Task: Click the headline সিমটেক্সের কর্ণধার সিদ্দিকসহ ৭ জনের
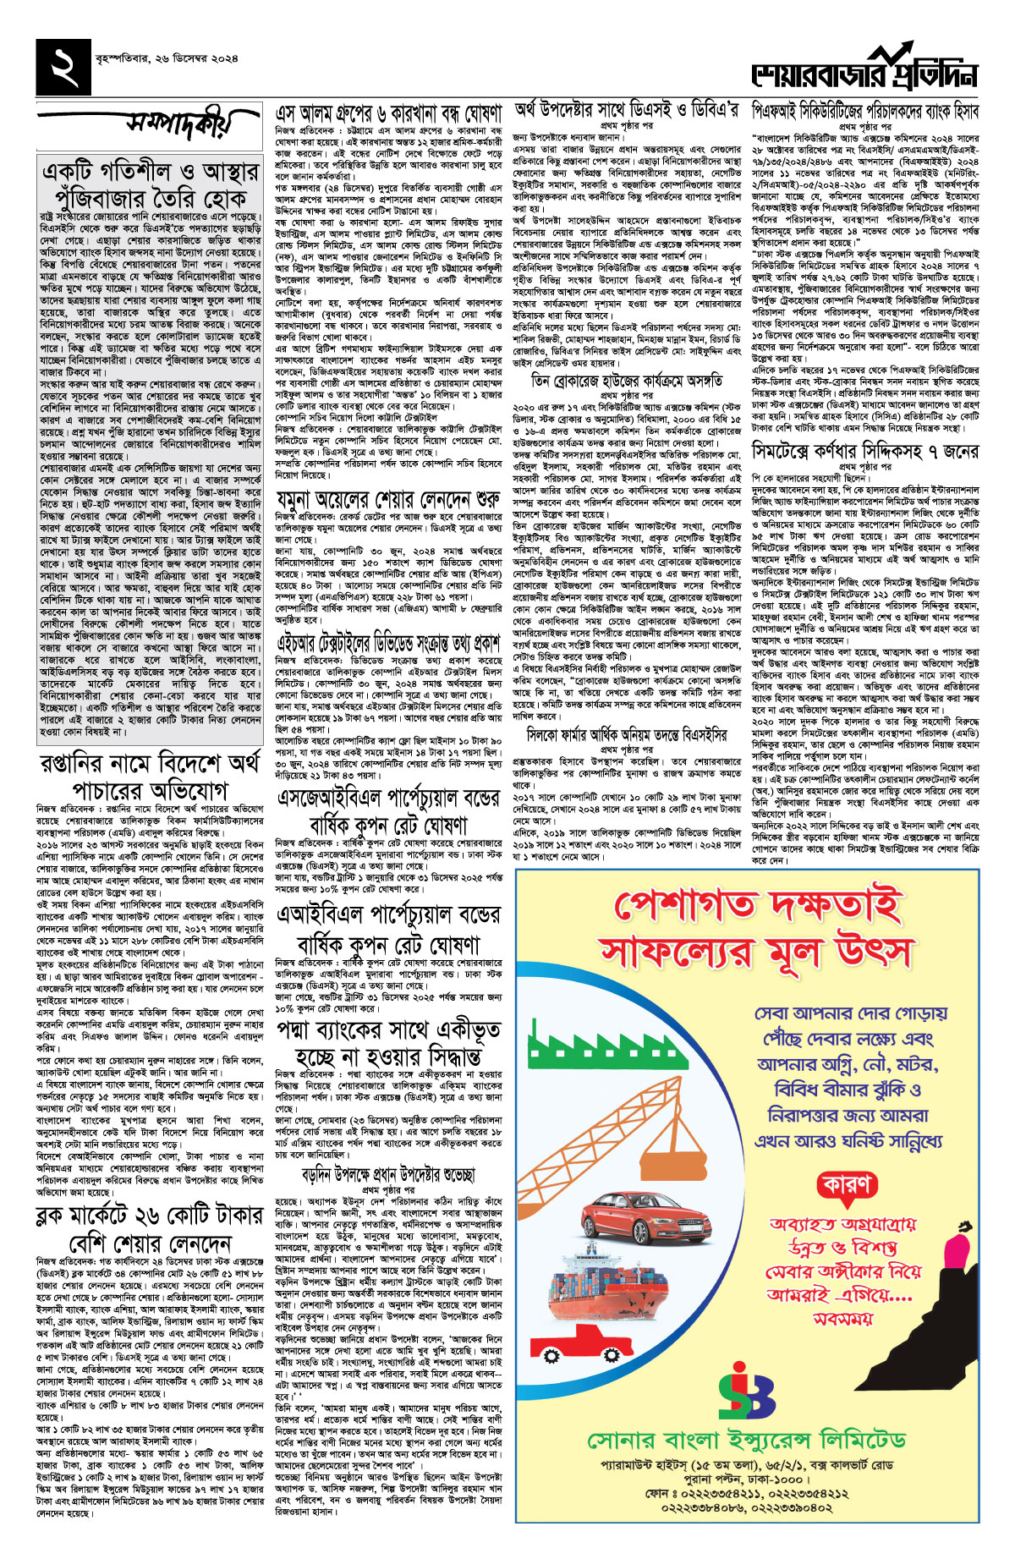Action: coord(865,452)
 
